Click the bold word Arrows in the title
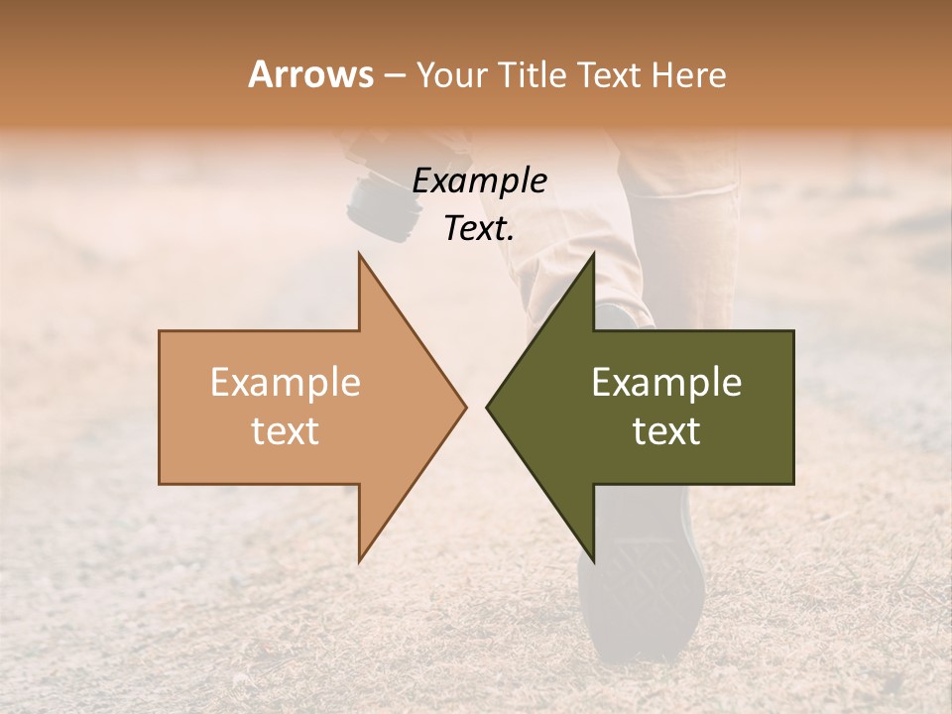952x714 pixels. (310, 74)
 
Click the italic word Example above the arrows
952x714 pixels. (479, 180)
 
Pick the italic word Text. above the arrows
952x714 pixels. (479, 228)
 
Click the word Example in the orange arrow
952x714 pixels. (286, 382)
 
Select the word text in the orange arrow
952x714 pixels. (286, 431)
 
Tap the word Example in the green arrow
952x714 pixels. (666, 382)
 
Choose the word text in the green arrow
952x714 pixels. (666, 431)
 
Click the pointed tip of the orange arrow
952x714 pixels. (463, 407)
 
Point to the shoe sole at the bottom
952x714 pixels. (641, 585)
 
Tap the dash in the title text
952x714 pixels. (393, 75)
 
